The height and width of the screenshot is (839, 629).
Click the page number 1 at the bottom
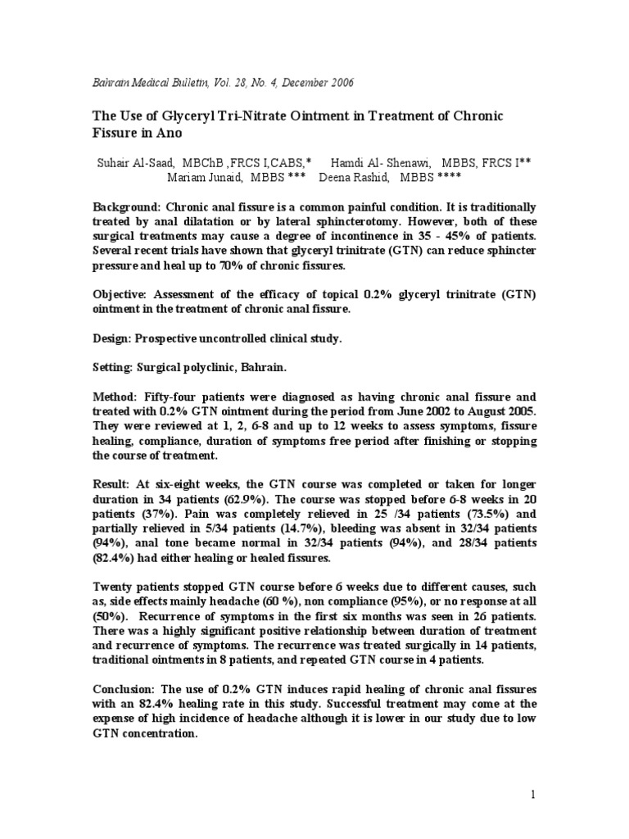(x=532, y=794)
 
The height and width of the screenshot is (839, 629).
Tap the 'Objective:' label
(x=121, y=293)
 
